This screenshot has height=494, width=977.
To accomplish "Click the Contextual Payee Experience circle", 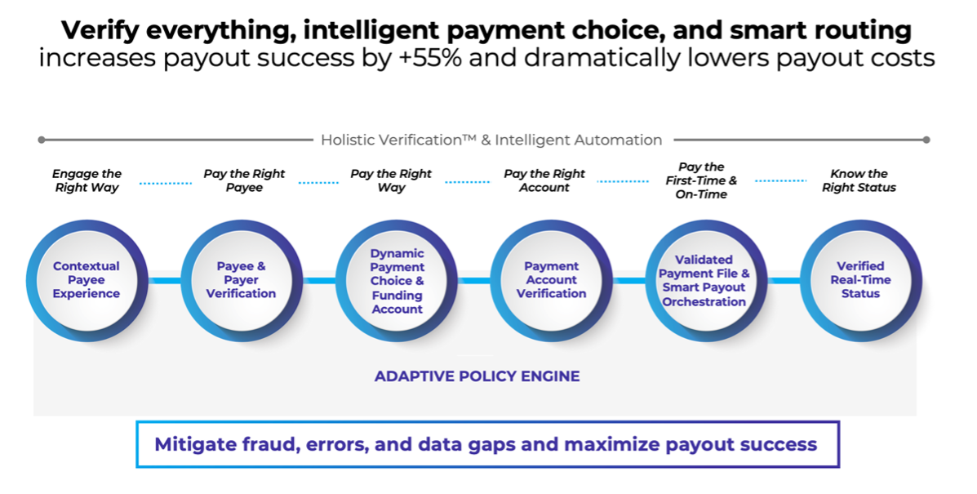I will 87,280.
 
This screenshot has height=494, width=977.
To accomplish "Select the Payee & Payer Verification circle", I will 241,280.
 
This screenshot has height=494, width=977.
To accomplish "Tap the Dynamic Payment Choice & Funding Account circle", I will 397,281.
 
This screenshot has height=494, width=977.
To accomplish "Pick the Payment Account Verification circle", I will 551,280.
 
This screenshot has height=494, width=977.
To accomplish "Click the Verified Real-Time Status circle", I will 860,280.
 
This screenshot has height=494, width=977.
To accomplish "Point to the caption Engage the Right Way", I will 87,180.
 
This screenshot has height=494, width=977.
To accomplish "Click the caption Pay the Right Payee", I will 244,180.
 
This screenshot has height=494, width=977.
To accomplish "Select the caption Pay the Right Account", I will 544,180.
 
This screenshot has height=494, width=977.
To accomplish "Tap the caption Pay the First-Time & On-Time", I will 700,180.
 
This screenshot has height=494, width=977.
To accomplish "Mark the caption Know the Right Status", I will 859,180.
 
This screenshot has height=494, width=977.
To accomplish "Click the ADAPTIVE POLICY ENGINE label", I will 477,376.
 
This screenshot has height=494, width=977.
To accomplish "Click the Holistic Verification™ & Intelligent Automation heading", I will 491,140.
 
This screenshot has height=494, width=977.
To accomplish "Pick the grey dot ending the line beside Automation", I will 926,140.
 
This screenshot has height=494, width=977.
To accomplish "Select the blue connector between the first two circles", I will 163,281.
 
